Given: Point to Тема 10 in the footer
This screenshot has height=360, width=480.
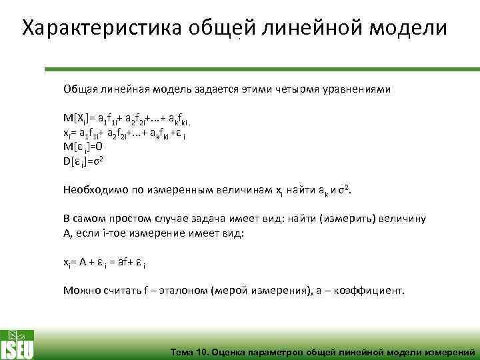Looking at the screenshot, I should [x=189, y=351].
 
